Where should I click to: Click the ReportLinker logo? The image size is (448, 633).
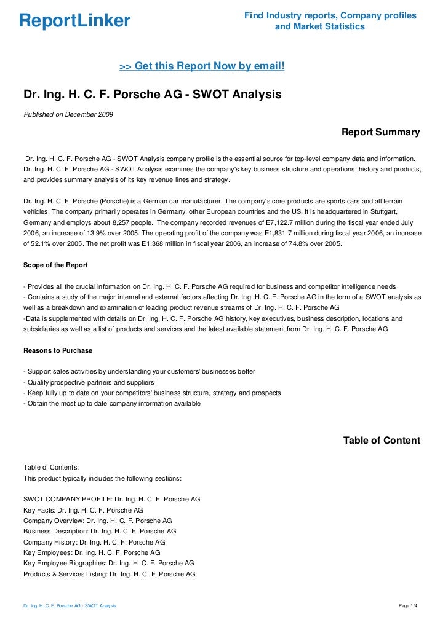pyautogui.click(x=74, y=21)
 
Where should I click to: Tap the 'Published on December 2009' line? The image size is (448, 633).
pyautogui.click(x=68, y=115)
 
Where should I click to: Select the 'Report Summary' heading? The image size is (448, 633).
pyautogui.click(x=380, y=132)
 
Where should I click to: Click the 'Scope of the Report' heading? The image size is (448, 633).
pyautogui.click(x=55, y=265)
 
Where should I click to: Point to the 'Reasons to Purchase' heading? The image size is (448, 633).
pyautogui.click(x=57, y=350)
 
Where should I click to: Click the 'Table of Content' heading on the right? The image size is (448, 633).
pyautogui.click(x=382, y=441)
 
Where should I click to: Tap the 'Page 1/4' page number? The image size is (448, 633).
pyautogui.click(x=409, y=607)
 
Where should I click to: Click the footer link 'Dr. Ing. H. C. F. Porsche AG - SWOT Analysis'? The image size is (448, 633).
pyautogui.click(x=70, y=607)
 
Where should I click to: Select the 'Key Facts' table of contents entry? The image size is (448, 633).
pyautogui.click(x=83, y=510)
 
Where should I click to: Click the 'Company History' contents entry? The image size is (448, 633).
pyautogui.click(x=94, y=542)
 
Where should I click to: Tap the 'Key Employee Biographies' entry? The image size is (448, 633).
pyautogui.click(x=108, y=563)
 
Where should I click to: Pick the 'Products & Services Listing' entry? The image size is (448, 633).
pyautogui.click(x=109, y=574)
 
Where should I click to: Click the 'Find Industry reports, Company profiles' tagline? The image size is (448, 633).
pyautogui.click(x=330, y=15)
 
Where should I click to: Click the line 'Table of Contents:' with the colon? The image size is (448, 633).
pyautogui.click(x=51, y=467)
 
